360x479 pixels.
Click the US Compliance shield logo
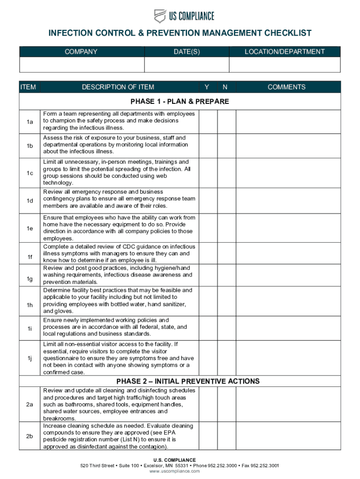[x=160, y=16]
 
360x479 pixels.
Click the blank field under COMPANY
[x=81, y=65]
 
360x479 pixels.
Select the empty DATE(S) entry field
[x=187, y=65]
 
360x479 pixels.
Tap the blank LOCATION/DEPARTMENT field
[x=285, y=65]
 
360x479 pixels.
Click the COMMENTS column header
[x=287, y=87]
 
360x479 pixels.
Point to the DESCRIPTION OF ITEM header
[x=118, y=87]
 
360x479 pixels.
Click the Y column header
[x=207, y=87]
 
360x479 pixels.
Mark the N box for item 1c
[x=226, y=173]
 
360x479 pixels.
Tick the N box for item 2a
[x=226, y=404]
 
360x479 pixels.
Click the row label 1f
[x=29, y=257]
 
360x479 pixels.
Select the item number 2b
[x=29, y=436]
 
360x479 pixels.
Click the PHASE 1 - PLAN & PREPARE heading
[x=180, y=102]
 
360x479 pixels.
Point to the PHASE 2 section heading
[x=188, y=381]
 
